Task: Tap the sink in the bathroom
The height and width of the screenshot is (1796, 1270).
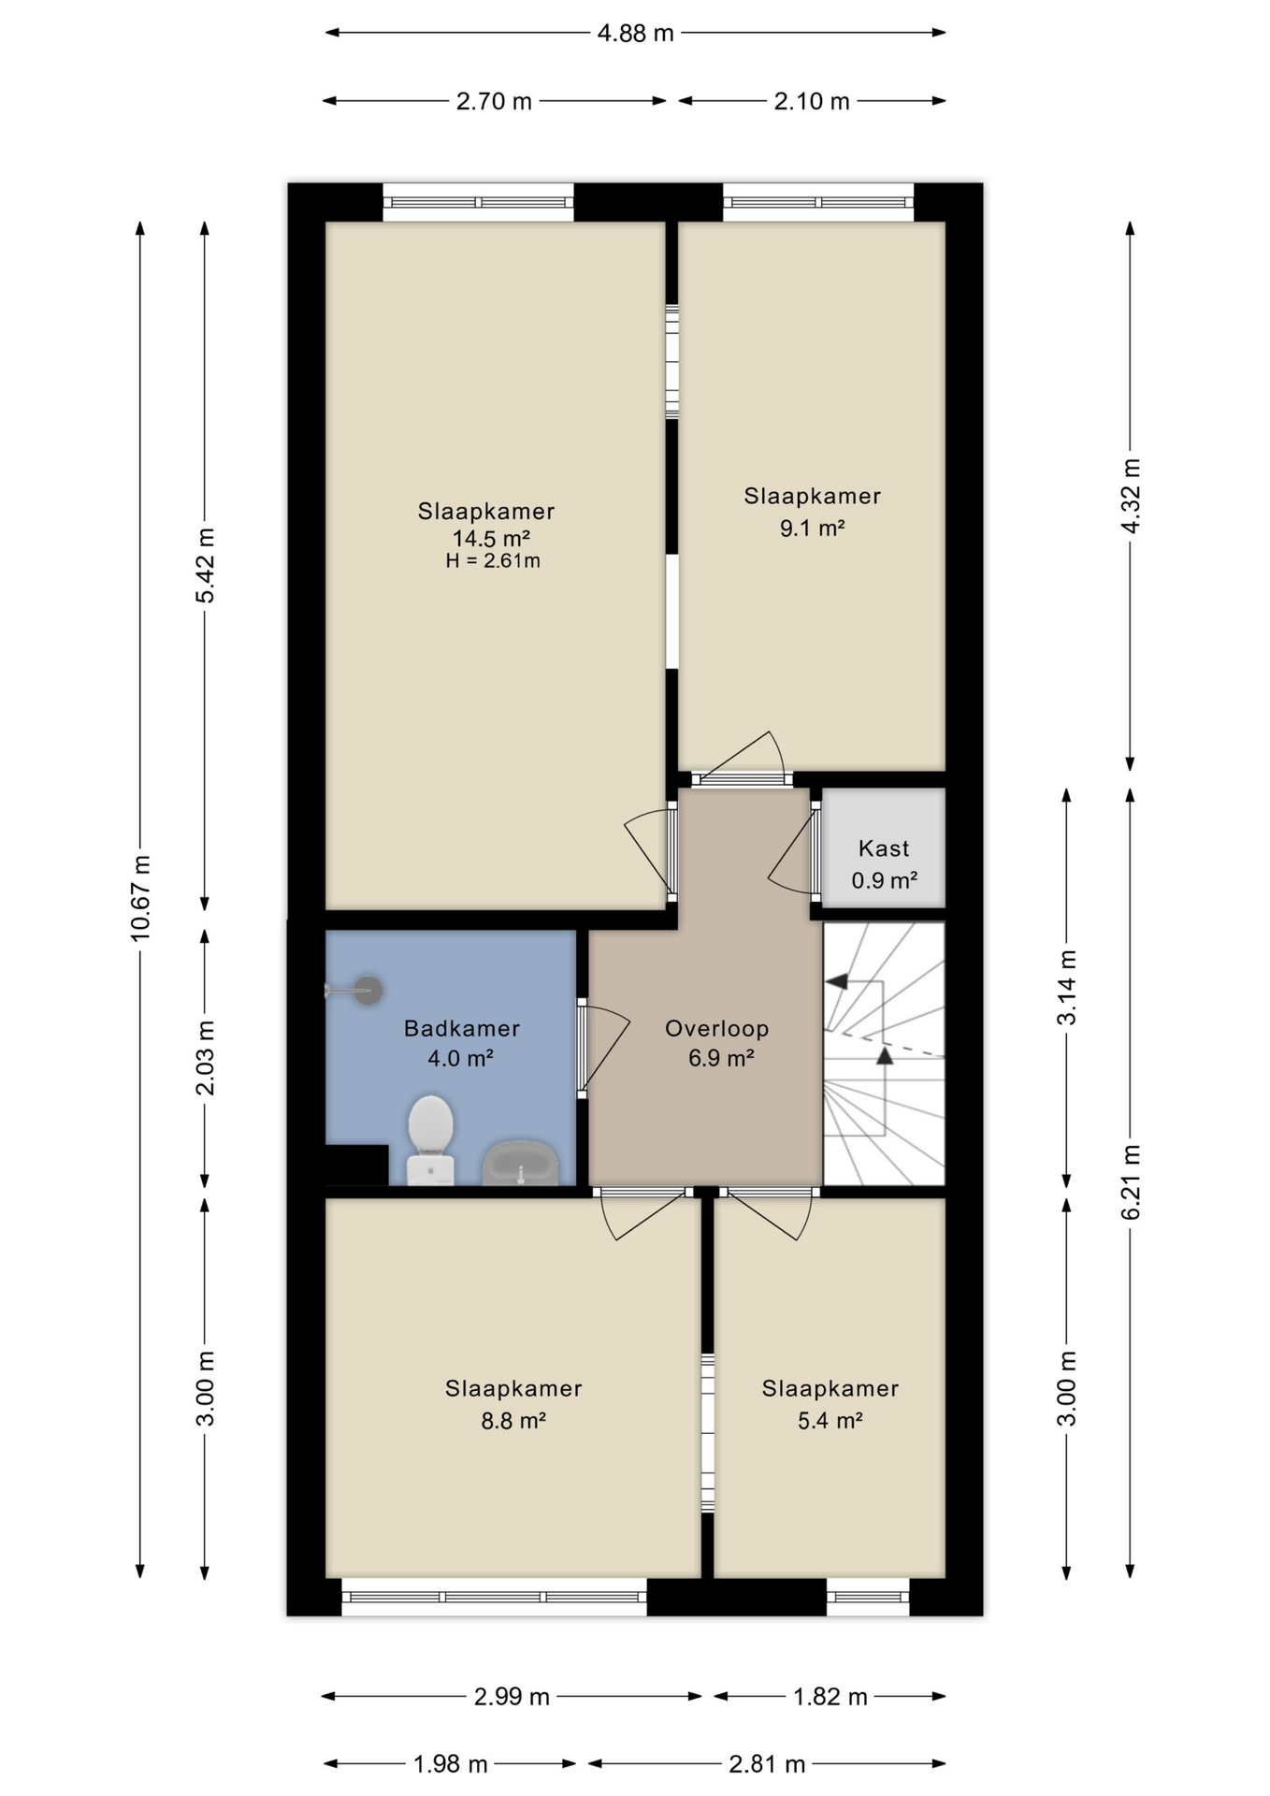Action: [x=520, y=1163]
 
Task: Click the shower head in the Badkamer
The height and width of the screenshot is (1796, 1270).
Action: [x=368, y=990]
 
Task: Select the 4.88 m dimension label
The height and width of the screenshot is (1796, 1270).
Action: [x=635, y=34]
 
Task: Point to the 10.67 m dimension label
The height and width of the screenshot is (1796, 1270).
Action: [x=140, y=897]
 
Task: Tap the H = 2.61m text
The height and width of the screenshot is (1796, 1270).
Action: [x=493, y=561]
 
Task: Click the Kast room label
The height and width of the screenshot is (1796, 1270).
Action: [x=883, y=848]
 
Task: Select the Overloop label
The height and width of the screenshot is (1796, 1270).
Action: [x=716, y=1028]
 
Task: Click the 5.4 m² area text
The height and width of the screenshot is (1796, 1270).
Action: [x=830, y=1421]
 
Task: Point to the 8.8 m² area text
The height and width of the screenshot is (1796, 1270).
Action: [x=513, y=1421]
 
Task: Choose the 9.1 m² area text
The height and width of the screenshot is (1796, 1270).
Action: [x=812, y=529]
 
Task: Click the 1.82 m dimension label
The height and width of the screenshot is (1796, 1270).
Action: [x=830, y=1696]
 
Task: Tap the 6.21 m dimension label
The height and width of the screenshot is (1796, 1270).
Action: [x=1131, y=1181]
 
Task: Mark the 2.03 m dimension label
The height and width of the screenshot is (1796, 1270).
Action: [x=205, y=1057]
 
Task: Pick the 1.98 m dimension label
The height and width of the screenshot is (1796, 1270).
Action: [x=451, y=1764]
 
